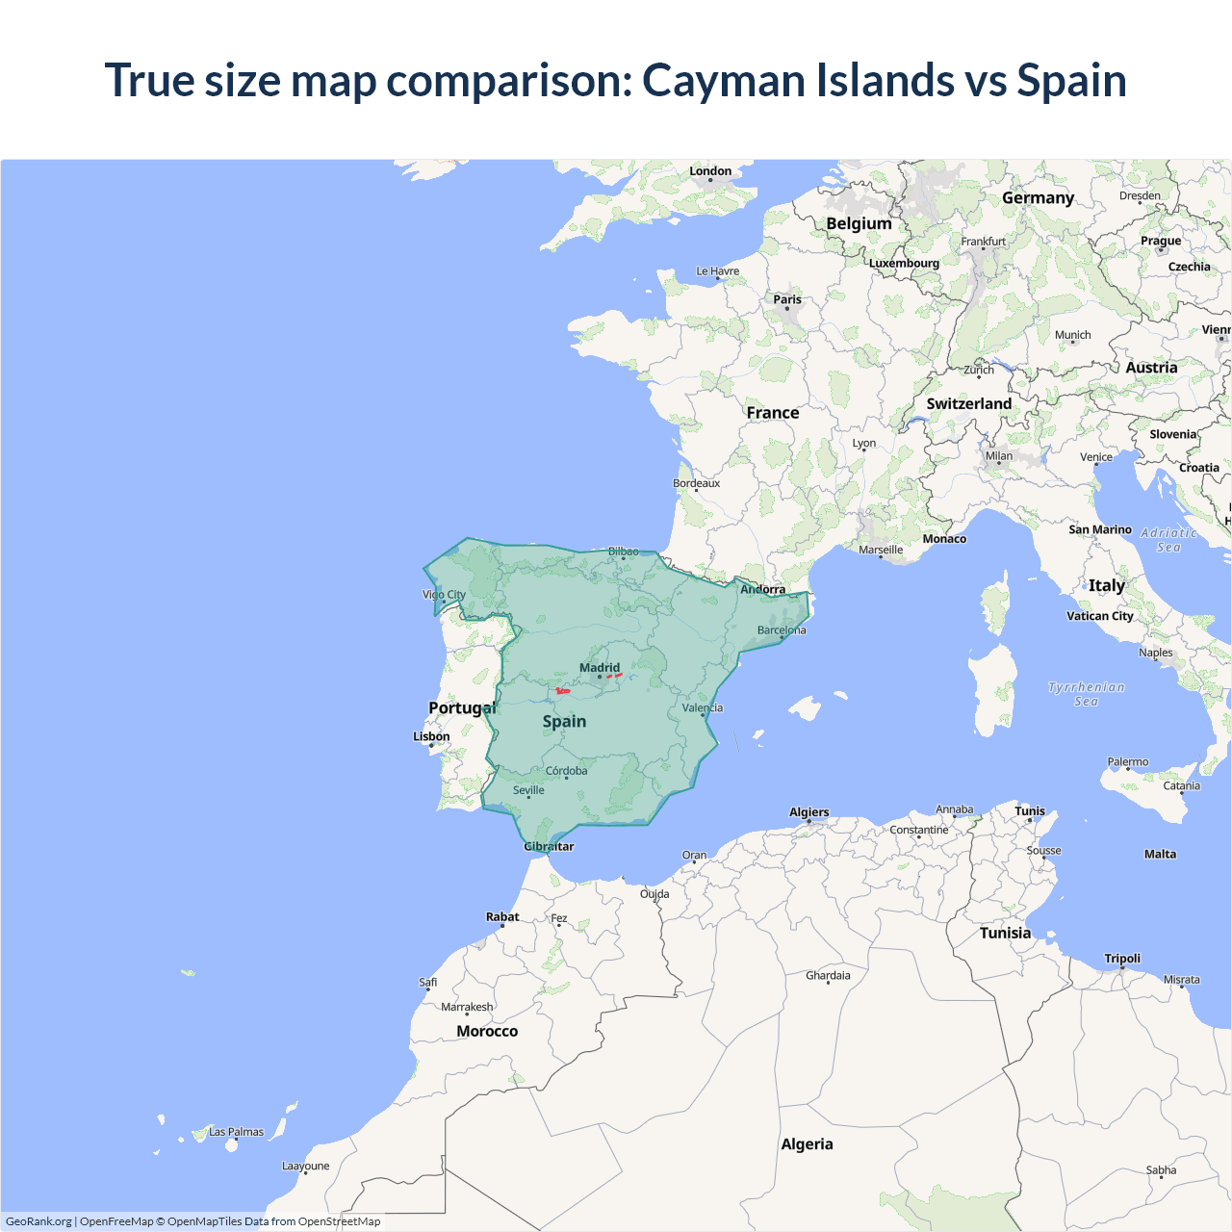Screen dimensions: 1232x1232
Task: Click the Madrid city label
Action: [x=600, y=667]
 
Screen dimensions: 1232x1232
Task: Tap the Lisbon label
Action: [x=431, y=736]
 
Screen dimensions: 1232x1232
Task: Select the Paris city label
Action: [x=787, y=299]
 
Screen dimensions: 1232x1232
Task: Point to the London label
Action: [x=710, y=171]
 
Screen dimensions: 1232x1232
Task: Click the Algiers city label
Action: [x=808, y=812]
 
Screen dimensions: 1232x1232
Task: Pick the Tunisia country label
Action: [x=1005, y=933]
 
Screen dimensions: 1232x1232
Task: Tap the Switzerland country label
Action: [x=968, y=404]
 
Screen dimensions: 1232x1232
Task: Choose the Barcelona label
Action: [x=782, y=630]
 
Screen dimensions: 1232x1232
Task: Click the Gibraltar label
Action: [x=549, y=847]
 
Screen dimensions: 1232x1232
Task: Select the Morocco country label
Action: [x=487, y=1031]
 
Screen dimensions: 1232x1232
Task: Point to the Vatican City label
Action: [x=1100, y=616]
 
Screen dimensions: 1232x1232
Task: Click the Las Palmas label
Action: [x=236, y=1132]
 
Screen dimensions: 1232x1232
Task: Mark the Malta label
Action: [x=1160, y=854]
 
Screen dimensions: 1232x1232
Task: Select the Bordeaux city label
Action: [x=696, y=483]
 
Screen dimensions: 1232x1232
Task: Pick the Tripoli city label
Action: [x=1122, y=959]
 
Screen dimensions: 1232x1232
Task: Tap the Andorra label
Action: [x=762, y=589]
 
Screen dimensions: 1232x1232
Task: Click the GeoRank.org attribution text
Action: [x=38, y=1221]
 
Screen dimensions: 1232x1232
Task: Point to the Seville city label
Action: [x=528, y=790]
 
